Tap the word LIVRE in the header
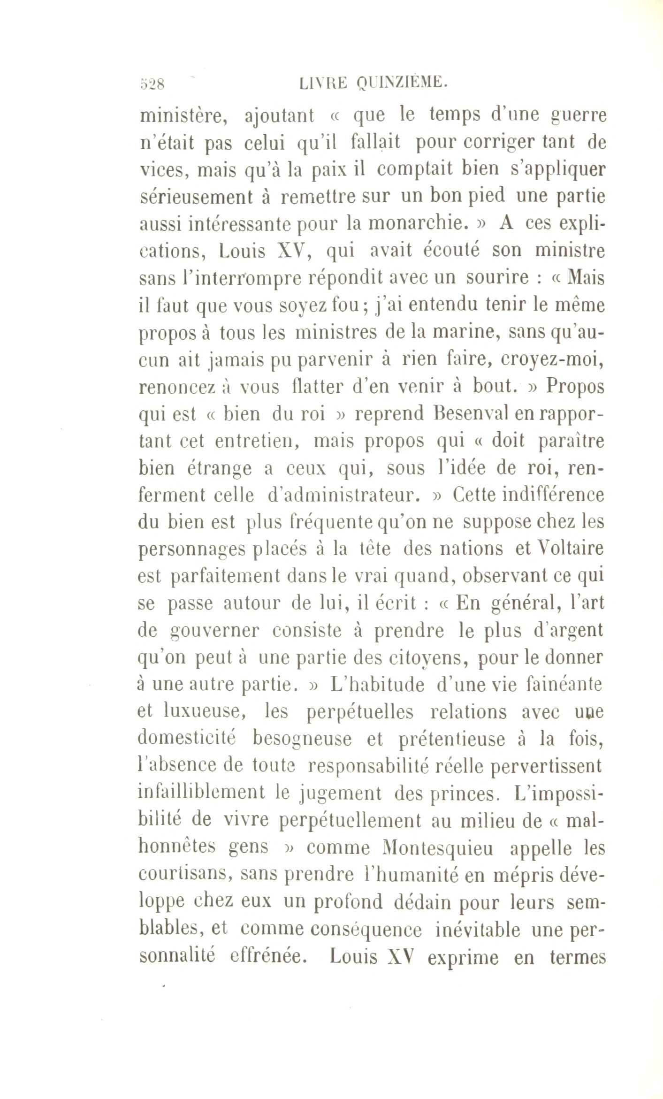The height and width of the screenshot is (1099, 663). pyautogui.click(x=323, y=83)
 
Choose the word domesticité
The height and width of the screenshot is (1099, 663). pyautogui.click(x=186, y=739)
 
